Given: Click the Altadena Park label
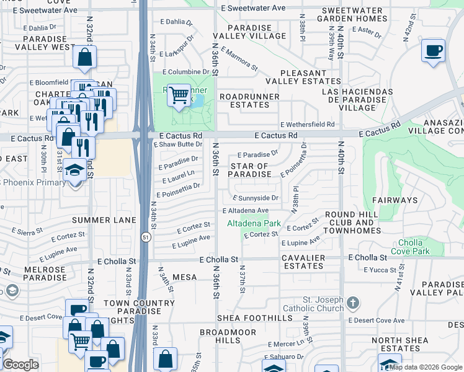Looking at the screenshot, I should point(254,223).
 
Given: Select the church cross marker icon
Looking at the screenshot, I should point(352,303).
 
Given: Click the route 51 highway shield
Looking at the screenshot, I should point(145,237).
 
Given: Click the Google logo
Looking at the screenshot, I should point(20,365).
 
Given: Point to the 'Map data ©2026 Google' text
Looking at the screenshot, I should point(426,367).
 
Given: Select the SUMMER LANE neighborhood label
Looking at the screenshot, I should point(99,220).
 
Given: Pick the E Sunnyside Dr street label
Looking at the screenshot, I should point(256,198).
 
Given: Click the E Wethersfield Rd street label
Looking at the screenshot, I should point(306,125).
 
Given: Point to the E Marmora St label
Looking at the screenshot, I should point(238,60).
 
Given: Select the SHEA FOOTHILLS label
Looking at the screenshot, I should point(254,318).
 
